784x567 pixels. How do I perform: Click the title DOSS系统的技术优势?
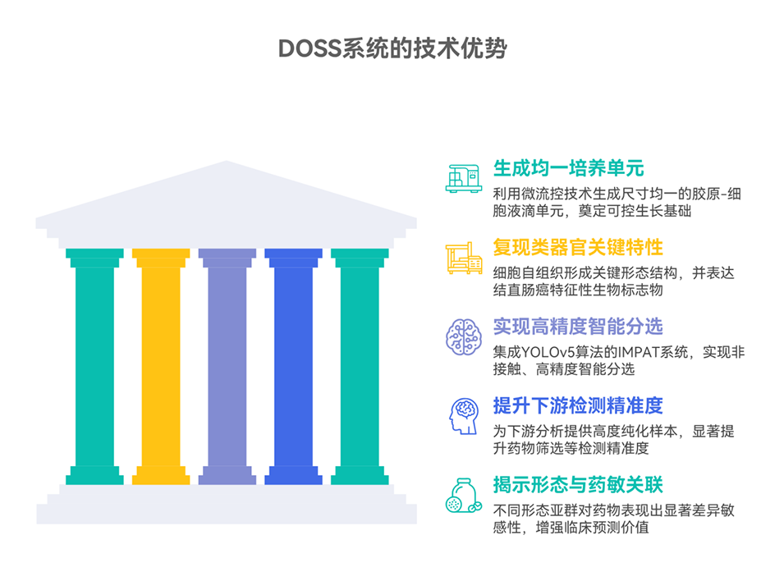click(392, 48)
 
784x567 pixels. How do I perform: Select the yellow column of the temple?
click(161, 365)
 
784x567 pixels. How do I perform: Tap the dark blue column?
click(293, 365)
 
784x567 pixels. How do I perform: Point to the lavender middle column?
click(227, 365)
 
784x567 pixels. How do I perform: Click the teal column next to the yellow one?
click(94, 365)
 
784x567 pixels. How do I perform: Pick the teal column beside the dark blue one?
click(360, 365)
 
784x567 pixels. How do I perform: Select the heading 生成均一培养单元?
click(568, 169)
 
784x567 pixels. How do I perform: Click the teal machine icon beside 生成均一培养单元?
click(464, 176)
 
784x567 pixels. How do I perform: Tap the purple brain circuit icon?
click(464, 336)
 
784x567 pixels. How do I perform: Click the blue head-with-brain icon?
click(464, 414)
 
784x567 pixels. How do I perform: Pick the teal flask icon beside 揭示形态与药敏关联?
click(464, 494)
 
